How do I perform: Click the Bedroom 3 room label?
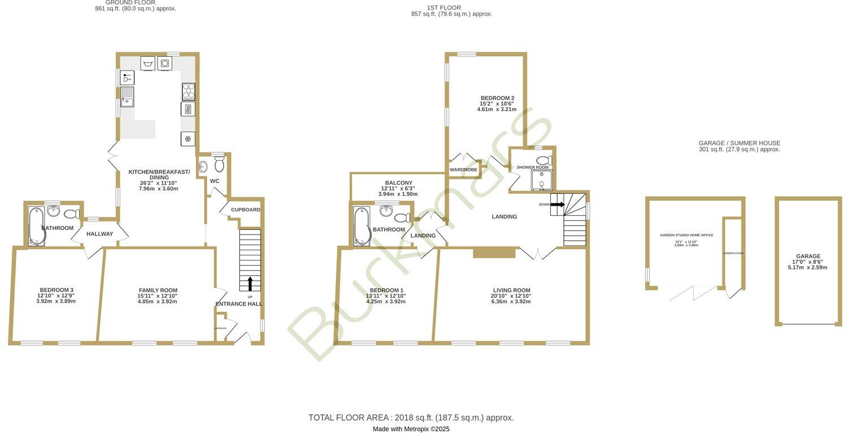click(56, 290)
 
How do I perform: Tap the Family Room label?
click(158, 290)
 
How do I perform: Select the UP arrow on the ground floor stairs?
click(250, 284)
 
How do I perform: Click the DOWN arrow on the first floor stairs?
click(557, 205)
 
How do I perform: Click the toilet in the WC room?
click(219, 164)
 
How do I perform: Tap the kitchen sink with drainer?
click(126, 97)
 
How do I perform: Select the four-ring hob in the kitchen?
click(189, 91)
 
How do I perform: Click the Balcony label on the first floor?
click(398, 183)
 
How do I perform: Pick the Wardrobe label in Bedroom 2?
click(463, 170)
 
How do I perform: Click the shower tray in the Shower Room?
click(541, 180)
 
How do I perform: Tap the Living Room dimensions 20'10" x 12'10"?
click(511, 296)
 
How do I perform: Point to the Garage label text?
click(808, 256)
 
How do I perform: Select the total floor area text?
click(411, 418)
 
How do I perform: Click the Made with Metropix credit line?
click(411, 429)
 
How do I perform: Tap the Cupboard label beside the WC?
click(246, 210)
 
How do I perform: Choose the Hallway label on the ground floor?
click(100, 234)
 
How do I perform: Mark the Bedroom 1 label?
click(387, 290)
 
